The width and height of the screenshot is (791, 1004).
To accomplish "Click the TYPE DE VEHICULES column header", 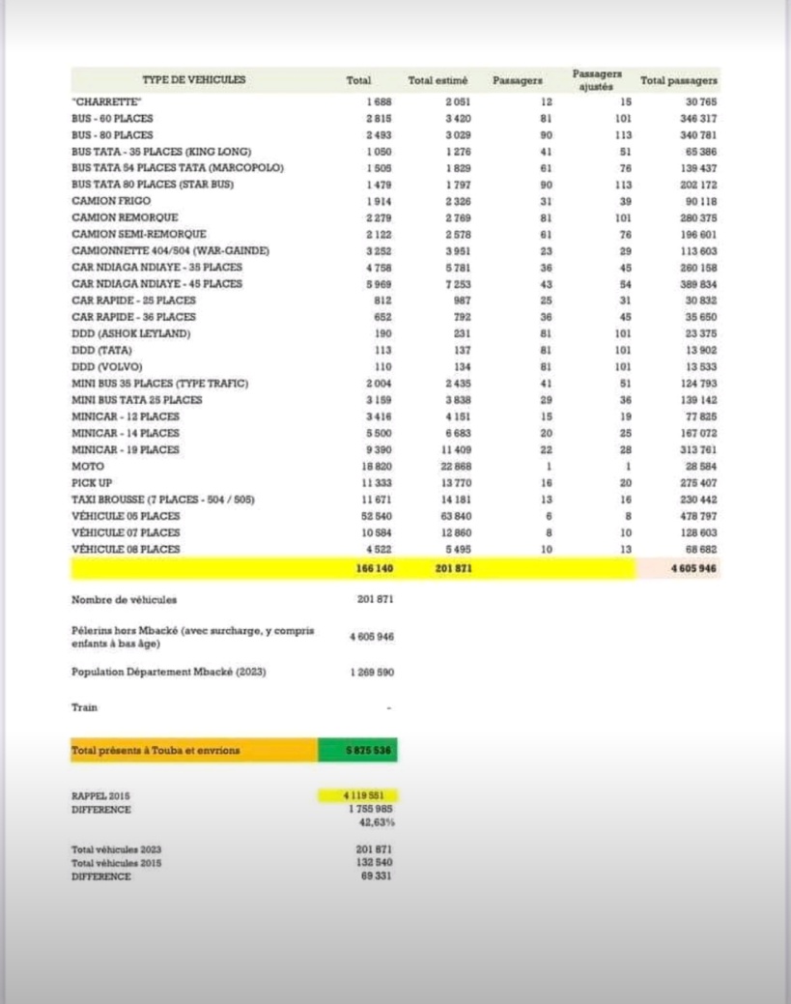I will click(x=193, y=79).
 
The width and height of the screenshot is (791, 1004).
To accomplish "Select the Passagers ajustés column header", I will click(x=596, y=79).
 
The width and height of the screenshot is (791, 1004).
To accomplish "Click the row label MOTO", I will click(x=88, y=466).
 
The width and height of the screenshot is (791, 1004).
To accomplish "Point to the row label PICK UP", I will click(x=93, y=482).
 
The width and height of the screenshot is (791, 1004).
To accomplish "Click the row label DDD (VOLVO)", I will click(x=106, y=366).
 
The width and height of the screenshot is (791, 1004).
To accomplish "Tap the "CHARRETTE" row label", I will click(x=106, y=100).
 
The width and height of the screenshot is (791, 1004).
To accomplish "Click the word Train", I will click(x=84, y=707).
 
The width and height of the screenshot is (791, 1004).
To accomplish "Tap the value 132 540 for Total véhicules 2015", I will click(x=374, y=862).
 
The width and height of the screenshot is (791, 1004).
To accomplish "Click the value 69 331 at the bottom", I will click(x=378, y=875).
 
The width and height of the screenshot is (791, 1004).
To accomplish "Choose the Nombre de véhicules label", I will click(x=125, y=600).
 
